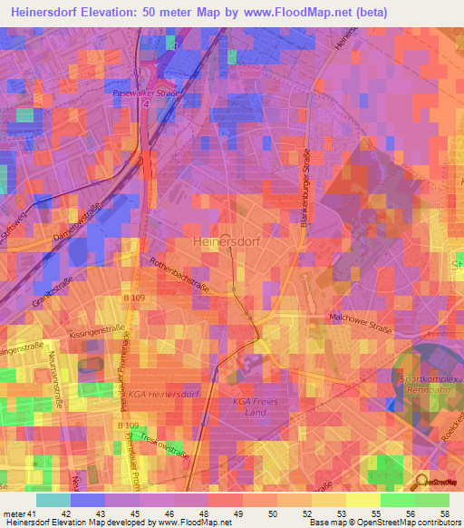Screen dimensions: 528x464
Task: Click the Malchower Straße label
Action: (x=360, y=320)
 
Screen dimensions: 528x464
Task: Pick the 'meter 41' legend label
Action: (x=19, y=488)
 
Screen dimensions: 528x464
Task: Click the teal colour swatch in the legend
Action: (x=53, y=500)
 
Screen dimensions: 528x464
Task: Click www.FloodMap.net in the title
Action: (x=278, y=12)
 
